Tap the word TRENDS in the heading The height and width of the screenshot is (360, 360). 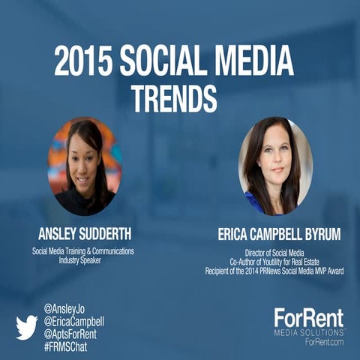[174, 97]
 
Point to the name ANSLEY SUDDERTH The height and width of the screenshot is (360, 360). [85, 232]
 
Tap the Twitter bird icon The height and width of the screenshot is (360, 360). [26, 326]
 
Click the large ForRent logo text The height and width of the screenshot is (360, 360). [308, 316]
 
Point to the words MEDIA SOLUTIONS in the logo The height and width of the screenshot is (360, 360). [308, 331]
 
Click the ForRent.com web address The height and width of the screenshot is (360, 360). [322, 341]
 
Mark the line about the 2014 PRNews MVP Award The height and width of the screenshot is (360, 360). [274, 271]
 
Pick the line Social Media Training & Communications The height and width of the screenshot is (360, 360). [83, 251]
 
